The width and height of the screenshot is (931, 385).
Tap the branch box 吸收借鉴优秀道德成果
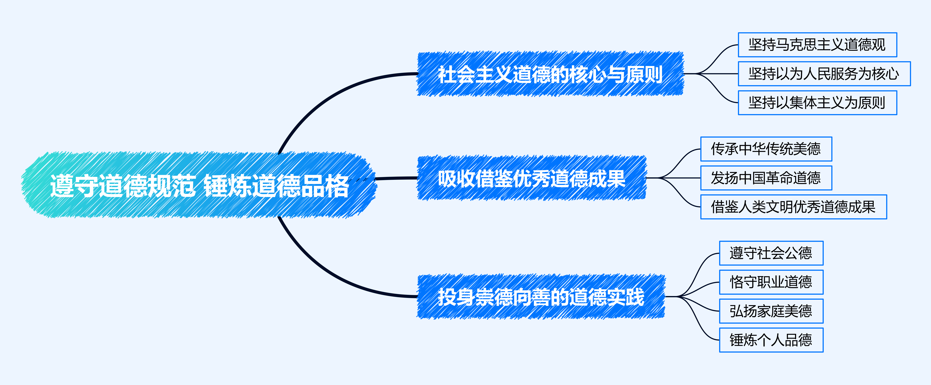[531, 178]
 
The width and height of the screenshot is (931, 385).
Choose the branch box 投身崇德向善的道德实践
[541, 297]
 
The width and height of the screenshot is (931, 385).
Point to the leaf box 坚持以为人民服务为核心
[824, 74]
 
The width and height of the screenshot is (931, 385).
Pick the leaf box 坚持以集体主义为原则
[817, 103]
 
